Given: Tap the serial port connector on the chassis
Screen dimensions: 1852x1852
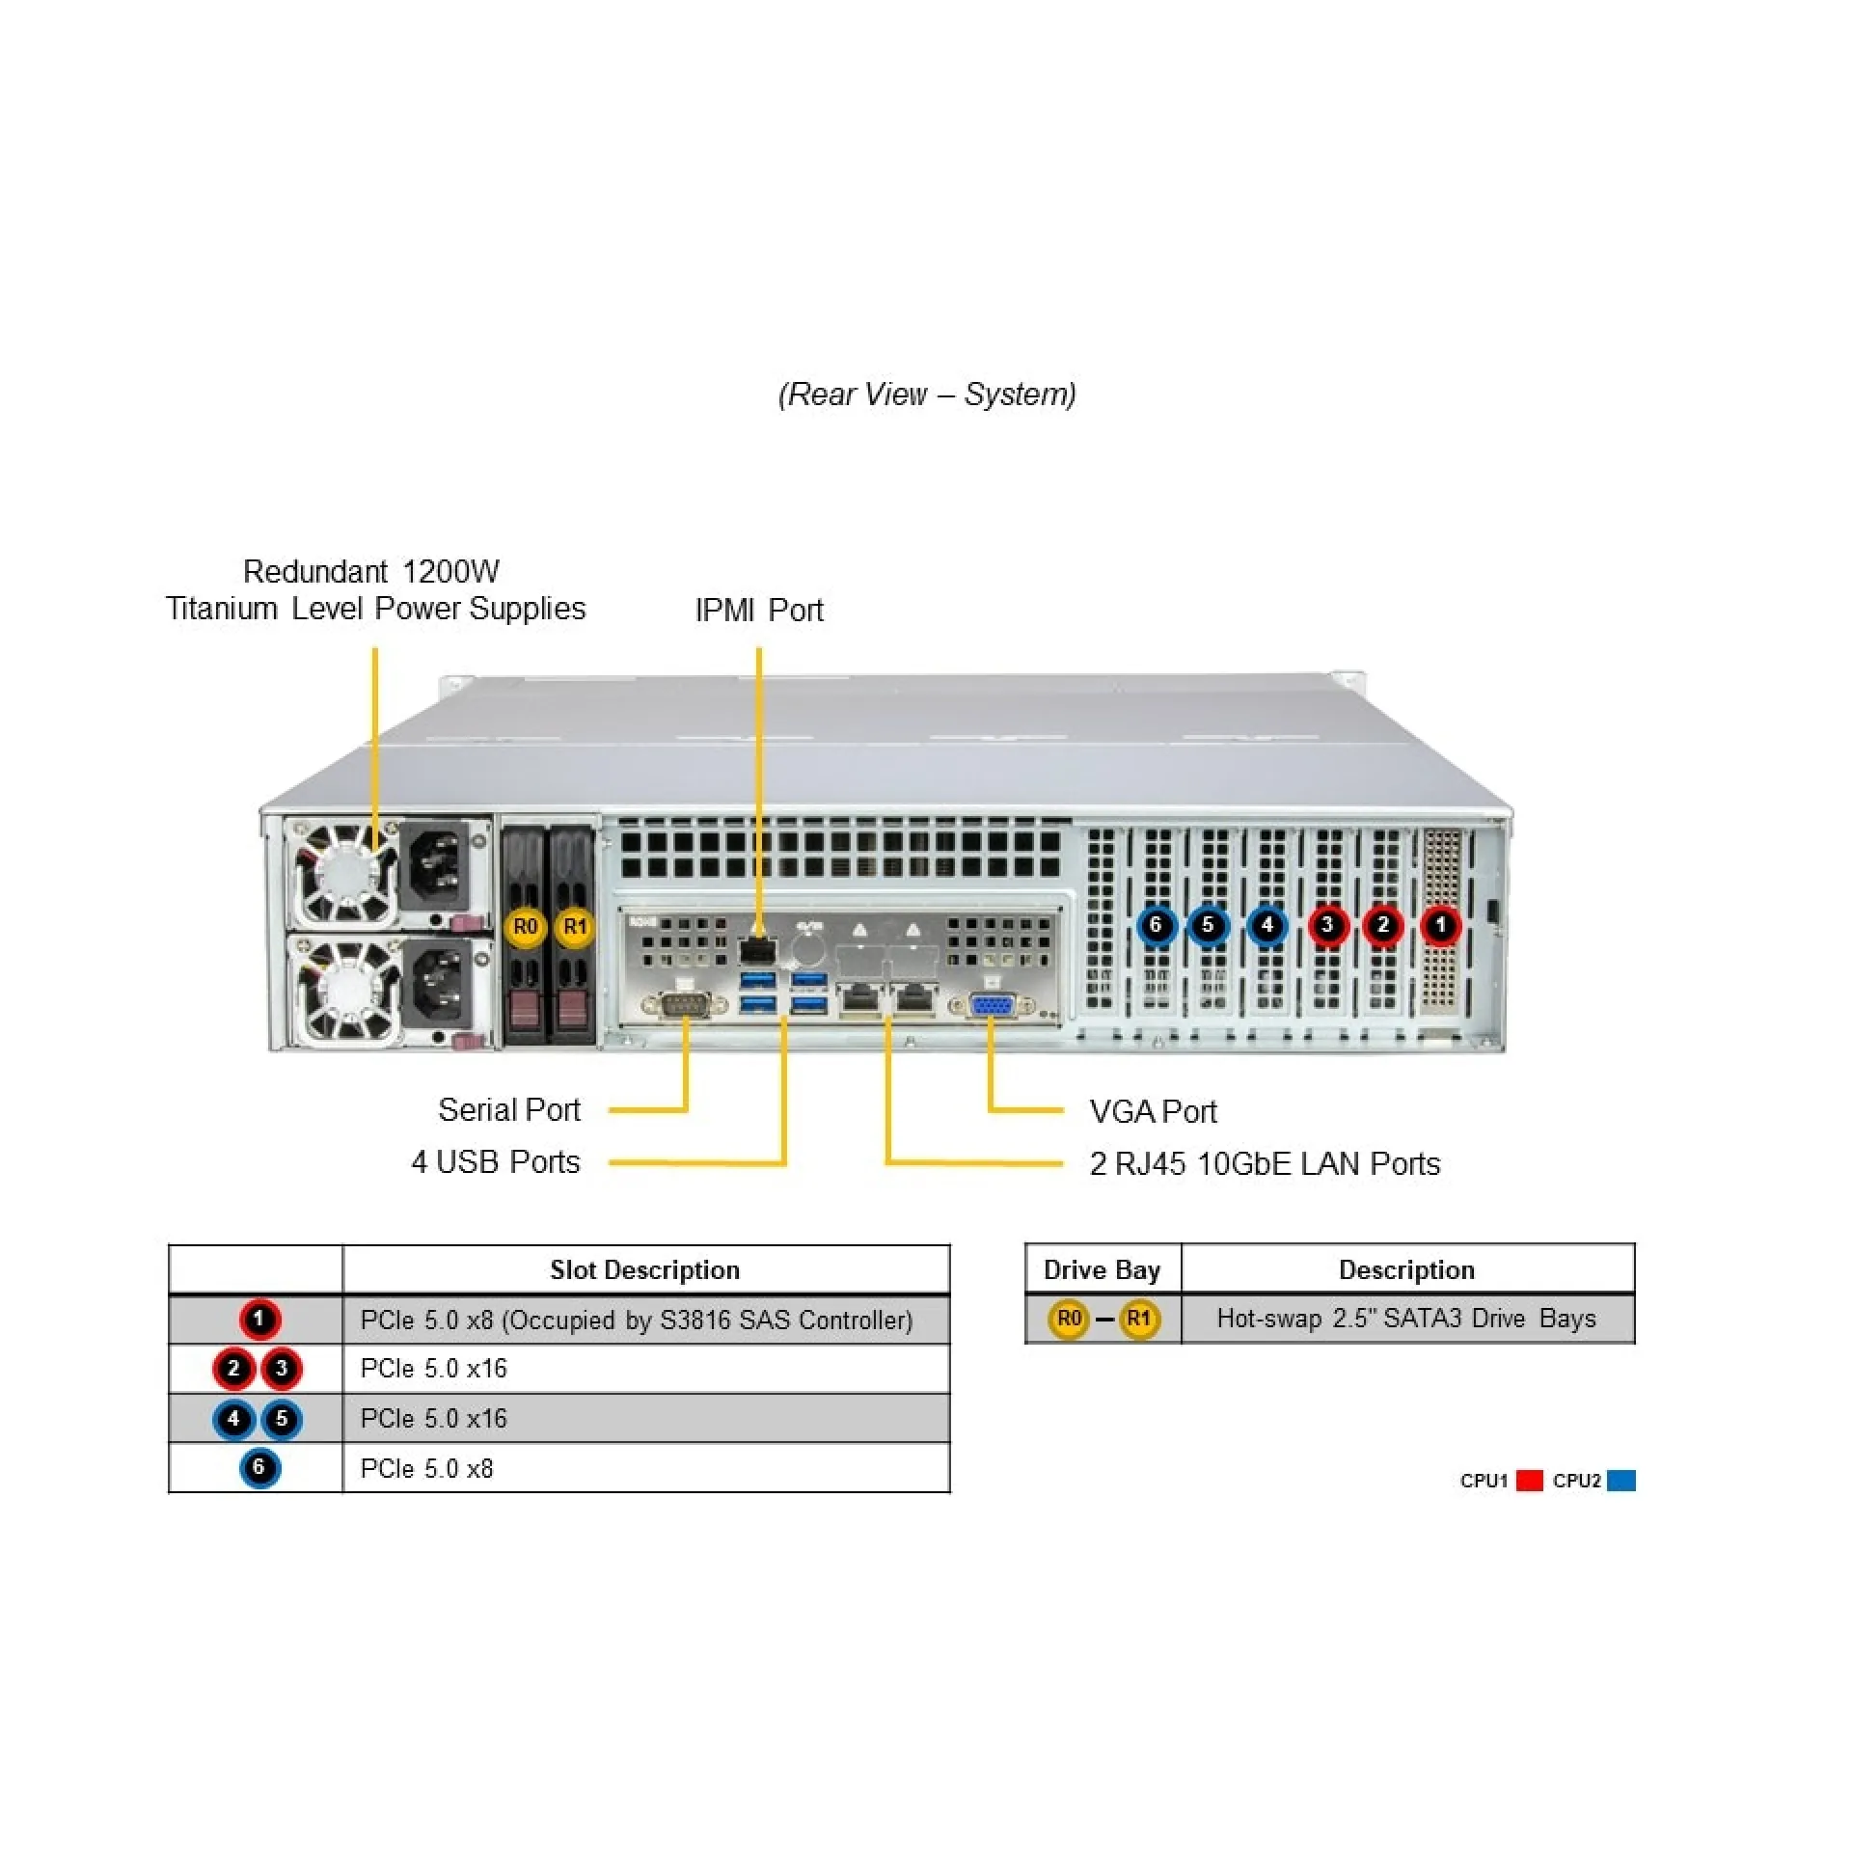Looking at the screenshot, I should (x=684, y=1005).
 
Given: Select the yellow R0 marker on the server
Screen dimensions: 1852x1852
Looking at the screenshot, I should (x=525, y=927).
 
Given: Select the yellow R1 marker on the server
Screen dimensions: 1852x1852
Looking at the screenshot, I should (x=575, y=927).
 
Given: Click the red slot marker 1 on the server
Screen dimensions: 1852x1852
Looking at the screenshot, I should (x=1441, y=925).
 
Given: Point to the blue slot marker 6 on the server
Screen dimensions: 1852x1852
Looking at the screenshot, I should (x=1156, y=925).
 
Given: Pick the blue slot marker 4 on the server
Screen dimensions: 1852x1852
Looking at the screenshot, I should (x=1267, y=925).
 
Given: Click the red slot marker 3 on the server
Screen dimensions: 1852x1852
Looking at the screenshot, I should (x=1327, y=925).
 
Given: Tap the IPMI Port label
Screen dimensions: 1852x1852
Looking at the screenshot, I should (x=759, y=611).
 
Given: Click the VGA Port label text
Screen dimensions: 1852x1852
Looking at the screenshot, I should (x=1153, y=1111).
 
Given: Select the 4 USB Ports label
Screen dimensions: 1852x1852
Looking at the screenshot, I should (x=496, y=1161).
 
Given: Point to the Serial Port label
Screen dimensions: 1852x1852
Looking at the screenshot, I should (x=509, y=1110).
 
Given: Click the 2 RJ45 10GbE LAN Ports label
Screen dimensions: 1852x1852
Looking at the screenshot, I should (x=1265, y=1163).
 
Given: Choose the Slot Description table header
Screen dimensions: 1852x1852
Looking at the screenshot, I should (x=645, y=1269).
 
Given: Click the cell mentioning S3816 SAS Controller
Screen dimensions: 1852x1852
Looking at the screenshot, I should (x=637, y=1320).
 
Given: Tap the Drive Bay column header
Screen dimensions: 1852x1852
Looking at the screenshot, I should (x=1102, y=1269).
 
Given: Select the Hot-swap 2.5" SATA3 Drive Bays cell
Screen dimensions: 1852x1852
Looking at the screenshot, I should (x=1406, y=1318).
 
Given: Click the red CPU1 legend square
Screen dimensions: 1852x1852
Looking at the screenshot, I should (x=1529, y=1480).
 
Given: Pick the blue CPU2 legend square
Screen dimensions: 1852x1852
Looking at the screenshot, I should (x=1621, y=1480).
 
